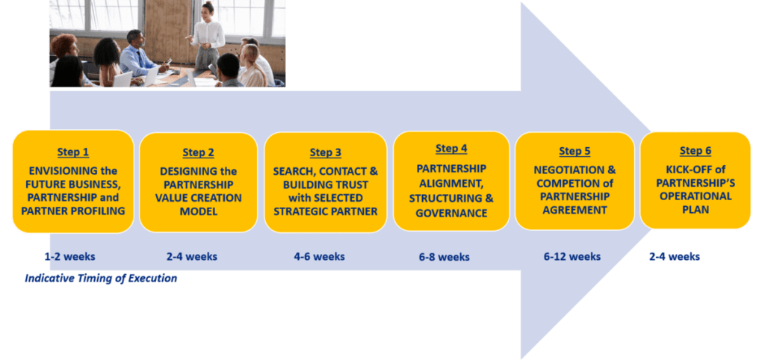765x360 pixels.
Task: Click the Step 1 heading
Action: click(73, 152)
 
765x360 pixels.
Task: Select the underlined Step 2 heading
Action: click(198, 152)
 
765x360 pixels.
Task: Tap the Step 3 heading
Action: click(326, 152)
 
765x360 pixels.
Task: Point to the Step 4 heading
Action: click(451, 149)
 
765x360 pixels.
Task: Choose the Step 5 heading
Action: click(574, 151)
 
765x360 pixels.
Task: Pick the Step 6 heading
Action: click(696, 151)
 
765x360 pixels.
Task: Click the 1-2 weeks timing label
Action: click(69, 257)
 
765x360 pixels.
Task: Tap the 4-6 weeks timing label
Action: click(320, 257)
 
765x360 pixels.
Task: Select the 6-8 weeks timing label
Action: click(444, 257)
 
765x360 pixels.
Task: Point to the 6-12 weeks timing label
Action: click(572, 257)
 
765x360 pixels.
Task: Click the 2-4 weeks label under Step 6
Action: click(675, 257)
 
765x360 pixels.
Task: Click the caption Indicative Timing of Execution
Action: click(101, 279)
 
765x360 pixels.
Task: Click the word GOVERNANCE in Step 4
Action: click(451, 213)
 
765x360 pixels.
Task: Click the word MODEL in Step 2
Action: click(199, 211)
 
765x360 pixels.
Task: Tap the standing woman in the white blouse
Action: click(208, 39)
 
